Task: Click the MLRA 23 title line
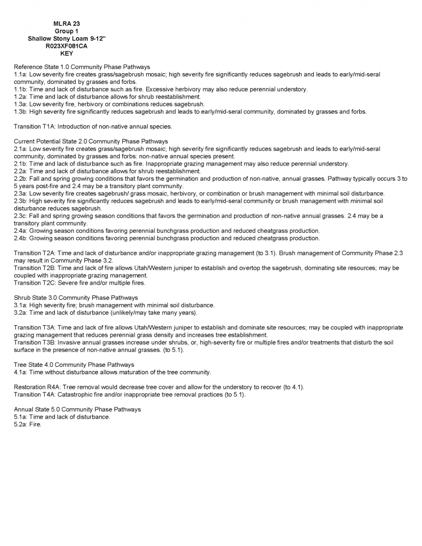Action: click(x=66, y=24)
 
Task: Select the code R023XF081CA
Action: click(x=66, y=46)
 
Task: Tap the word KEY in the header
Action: click(x=67, y=54)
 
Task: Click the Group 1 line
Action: click(x=66, y=32)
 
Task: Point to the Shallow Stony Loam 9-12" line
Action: click(x=66, y=39)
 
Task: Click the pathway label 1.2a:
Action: click(x=21, y=97)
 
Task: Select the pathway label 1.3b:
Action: click(x=21, y=112)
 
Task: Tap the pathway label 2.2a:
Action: click(x=21, y=171)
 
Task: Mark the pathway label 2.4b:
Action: click(x=21, y=238)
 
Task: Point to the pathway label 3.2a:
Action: click(x=21, y=313)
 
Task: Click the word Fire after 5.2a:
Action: click(x=35, y=424)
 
